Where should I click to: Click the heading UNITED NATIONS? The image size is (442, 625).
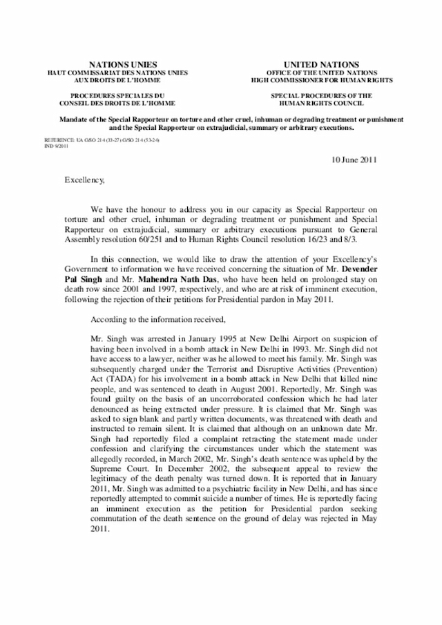(x=323, y=64)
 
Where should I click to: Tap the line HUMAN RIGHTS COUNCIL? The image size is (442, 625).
(x=323, y=104)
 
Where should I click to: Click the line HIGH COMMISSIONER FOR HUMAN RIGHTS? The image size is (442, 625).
(x=323, y=79)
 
